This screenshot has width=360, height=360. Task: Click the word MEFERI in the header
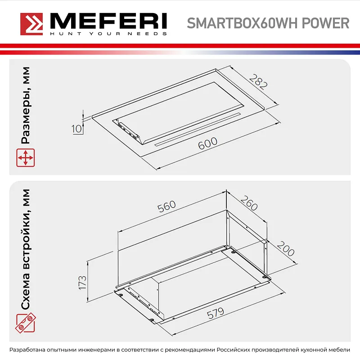[108, 21]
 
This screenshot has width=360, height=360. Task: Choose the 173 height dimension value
[81, 283]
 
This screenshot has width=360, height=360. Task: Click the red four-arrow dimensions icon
[25, 158]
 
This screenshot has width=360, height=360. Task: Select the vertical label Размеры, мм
[26, 105]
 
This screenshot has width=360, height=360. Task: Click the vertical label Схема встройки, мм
[26, 250]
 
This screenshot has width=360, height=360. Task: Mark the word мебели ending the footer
[338, 350]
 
